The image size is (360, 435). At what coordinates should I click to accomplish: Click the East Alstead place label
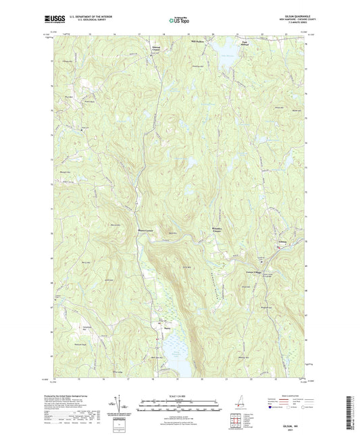click(226, 45)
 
